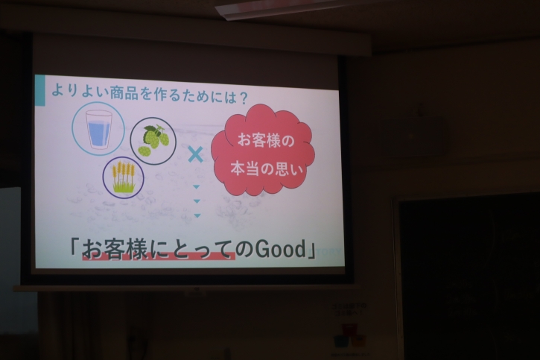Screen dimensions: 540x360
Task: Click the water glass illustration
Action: coord(98,129)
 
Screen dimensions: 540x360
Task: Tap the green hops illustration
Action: coord(153,140)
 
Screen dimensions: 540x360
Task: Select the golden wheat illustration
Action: coord(124,177)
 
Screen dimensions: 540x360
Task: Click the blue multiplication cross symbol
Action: coord(196,154)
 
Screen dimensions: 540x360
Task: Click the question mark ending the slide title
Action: coord(243,98)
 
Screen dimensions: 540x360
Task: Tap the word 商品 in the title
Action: coord(124,93)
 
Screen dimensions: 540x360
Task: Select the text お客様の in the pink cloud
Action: coord(265,141)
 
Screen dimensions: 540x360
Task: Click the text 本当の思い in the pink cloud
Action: coord(267,169)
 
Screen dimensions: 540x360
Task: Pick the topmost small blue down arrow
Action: coord(197,187)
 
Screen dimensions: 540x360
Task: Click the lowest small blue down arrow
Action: coord(197,215)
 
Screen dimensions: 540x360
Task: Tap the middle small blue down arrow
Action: coord(197,201)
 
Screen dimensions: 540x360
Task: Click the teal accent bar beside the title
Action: coord(40,90)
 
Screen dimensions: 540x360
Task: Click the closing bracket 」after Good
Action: coord(311,250)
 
